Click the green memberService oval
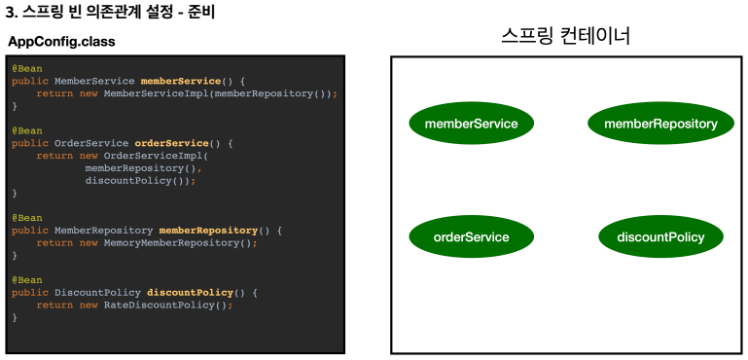coord(472,124)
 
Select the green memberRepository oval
coord(660,124)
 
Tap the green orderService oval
coord(472,236)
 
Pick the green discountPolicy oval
coord(660,236)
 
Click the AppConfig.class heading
coord(61,42)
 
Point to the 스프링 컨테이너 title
coord(566,36)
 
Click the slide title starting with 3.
coord(110,13)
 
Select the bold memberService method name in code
coord(181,81)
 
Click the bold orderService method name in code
coord(172,143)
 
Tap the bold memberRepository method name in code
coord(208,231)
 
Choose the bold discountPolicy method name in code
coord(190,293)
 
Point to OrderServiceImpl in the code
coord(153,156)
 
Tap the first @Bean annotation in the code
coord(27,69)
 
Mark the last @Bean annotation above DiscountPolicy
coord(27,280)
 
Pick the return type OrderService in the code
coord(91,143)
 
